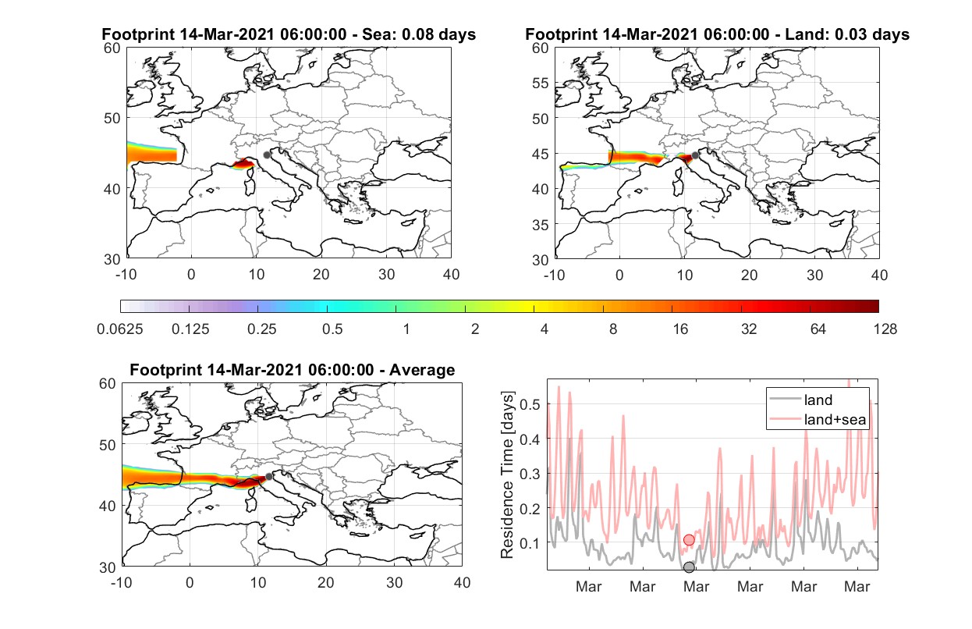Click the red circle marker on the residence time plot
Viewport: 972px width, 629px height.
[x=689, y=539]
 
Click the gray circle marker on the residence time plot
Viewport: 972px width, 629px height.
[x=689, y=567]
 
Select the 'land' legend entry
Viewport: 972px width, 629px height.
[x=800, y=400]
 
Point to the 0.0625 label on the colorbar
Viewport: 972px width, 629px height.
[x=120, y=329]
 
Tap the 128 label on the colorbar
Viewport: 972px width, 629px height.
[x=885, y=329]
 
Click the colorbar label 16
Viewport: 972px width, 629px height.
[x=680, y=329]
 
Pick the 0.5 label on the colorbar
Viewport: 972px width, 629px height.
[x=332, y=329]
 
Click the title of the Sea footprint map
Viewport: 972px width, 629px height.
[x=289, y=34]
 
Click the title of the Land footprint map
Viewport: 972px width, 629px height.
[x=717, y=34]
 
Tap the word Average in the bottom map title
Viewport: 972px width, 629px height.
[x=422, y=370]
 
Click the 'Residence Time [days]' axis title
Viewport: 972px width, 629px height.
[x=507, y=474]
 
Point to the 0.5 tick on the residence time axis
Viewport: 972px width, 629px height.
[x=530, y=404]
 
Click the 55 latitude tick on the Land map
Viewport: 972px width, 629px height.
[x=541, y=83]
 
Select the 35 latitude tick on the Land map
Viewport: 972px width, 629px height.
[x=541, y=225]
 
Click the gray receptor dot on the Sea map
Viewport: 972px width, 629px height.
[x=267, y=155]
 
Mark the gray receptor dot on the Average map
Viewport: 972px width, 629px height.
[x=269, y=477]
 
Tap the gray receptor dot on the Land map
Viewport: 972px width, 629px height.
[x=695, y=155]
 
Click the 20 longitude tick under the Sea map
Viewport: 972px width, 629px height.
[x=321, y=275]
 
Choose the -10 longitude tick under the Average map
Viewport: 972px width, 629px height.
[x=122, y=582]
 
